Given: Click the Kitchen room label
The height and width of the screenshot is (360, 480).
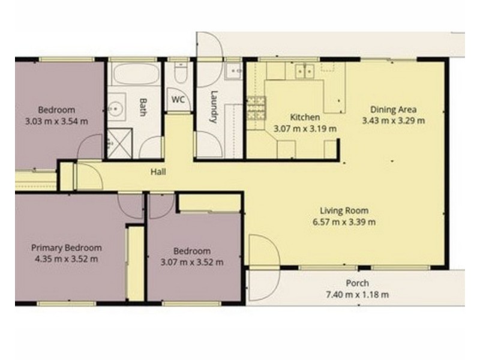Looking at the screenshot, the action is (x=305, y=117).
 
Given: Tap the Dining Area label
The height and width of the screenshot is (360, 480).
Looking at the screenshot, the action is (x=394, y=109).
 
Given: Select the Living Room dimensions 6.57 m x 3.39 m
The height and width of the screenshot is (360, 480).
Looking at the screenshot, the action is (x=344, y=222).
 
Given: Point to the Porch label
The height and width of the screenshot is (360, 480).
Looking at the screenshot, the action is (x=357, y=283).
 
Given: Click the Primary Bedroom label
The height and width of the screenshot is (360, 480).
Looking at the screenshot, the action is (x=67, y=248).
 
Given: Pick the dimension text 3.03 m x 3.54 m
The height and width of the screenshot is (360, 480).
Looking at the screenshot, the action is (x=56, y=122).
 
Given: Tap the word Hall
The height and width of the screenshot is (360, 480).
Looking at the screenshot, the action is (x=158, y=172).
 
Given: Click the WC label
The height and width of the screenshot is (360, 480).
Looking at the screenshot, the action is (x=178, y=100).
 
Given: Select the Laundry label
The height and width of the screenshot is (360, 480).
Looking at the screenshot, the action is (x=214, y=107).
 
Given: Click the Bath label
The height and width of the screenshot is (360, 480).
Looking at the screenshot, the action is (x=143, y=107).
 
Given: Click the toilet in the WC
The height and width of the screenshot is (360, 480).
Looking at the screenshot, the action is (x=181, y=73).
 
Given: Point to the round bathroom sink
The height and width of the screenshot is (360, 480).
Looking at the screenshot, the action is (x=115, y=108).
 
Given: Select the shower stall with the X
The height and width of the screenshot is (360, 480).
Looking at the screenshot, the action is (x=119, y=143).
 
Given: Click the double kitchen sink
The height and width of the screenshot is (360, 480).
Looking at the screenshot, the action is (x=305, y=71).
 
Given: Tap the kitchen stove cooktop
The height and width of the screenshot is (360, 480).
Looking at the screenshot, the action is (x=257, y=108).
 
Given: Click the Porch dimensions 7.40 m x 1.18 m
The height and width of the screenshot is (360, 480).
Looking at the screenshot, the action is (x=357, y=295).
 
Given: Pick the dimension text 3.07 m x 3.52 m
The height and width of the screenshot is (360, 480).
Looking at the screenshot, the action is (x=192, y=262).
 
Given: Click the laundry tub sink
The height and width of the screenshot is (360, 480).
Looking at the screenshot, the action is (x=233, y=71).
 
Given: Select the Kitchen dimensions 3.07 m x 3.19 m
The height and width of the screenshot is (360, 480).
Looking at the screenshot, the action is (x=305, y=128).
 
